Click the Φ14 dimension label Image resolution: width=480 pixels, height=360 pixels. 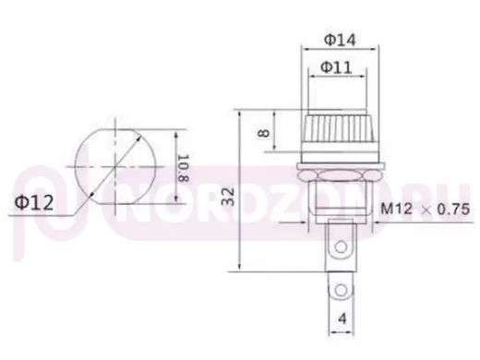340,40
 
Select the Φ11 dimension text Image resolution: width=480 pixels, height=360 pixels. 336,67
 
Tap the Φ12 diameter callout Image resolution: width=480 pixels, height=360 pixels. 34,203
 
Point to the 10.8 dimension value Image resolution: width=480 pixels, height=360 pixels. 183,168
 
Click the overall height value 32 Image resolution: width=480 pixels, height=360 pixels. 228,197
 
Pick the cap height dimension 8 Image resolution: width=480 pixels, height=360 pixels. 264,133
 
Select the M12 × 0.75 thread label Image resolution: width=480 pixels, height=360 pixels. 426,210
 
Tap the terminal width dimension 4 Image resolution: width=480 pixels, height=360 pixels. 342,318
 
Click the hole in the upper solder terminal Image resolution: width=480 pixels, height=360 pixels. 341,246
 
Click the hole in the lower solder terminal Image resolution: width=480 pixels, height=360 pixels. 341,290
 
